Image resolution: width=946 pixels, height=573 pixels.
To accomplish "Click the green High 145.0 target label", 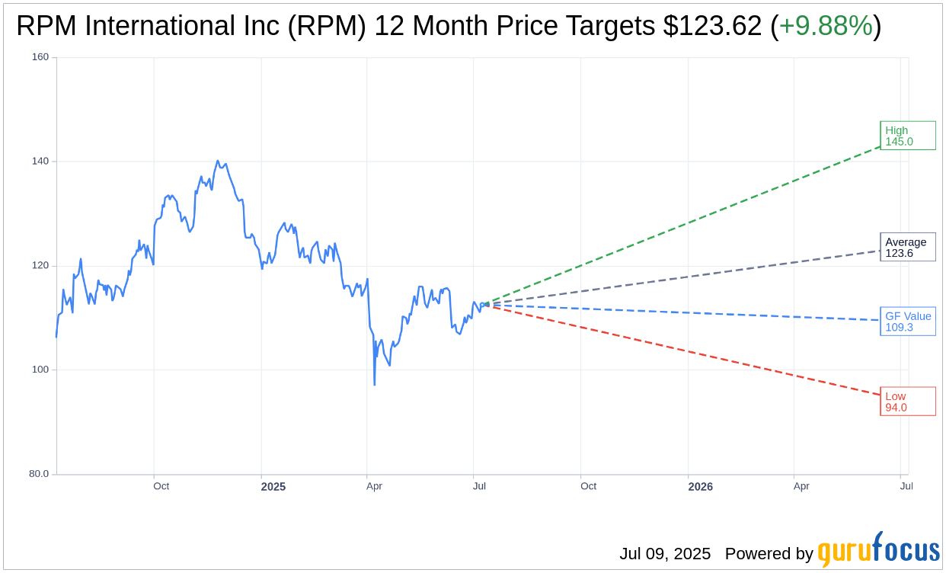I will (907, 136).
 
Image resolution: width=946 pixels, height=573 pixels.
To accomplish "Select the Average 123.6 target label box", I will (907, 248).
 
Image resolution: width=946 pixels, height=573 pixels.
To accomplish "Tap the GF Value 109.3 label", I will (907, 322).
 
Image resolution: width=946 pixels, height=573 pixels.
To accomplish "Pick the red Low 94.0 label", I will (907, 402).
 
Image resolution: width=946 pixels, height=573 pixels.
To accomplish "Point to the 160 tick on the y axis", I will (40, 57).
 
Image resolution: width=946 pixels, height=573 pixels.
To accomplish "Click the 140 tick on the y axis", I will (40, 162).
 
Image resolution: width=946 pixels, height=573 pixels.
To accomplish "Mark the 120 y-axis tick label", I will (40, 266).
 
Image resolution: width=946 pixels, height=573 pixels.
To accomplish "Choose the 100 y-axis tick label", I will (40, 370).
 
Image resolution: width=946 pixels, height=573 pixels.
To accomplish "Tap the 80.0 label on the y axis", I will (39, 474).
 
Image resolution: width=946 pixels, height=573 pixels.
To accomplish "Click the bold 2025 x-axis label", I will (273, 487).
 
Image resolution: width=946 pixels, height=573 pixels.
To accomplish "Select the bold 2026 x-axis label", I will (700, 487).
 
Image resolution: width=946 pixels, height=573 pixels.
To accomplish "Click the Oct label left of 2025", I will (161, 486).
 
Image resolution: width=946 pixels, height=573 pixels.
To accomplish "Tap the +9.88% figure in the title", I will (826, 27).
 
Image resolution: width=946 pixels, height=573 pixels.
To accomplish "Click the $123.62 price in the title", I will (712, 27).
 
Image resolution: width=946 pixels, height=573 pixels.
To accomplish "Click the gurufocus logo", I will (878, 550).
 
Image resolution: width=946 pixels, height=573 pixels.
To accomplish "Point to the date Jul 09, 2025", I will (664, 554).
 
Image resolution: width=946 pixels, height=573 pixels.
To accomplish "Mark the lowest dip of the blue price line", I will (374, 385).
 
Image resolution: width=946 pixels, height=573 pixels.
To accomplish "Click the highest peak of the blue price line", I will (218, 161).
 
